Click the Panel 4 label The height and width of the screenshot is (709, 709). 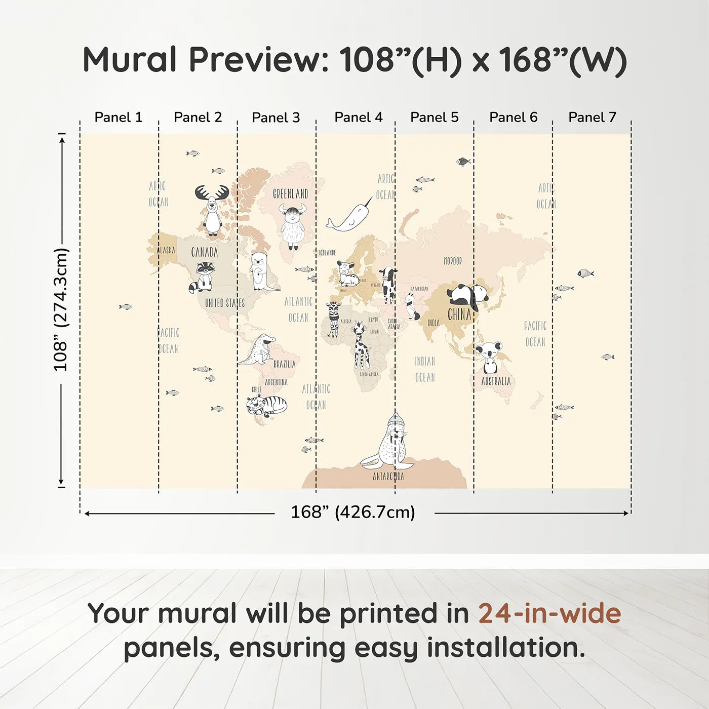[x=358, y=117]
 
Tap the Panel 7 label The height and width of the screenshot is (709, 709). [x=592, y=117]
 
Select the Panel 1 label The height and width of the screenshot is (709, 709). [x=118, y=117]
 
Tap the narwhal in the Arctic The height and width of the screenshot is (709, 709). [x=349, y=217]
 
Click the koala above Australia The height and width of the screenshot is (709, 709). [x=489, y=357]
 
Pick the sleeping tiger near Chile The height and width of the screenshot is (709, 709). [x=266, y=405]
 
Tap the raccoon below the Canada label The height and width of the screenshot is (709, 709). [x=203, y=277]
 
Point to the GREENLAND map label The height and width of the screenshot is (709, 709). [x=290, y=194]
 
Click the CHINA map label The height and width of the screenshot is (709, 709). [x=459, y=314]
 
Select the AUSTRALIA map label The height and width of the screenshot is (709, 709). [x=496, y=381]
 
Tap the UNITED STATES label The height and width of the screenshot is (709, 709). [x=225, y=303]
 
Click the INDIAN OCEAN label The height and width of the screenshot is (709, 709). [x=425, y=369]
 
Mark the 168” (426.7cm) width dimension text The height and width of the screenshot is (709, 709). [x=353, y=512]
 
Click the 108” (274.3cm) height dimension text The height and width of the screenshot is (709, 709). [x=61, y=309]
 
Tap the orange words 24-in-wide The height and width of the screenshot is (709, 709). [x=549, y=613]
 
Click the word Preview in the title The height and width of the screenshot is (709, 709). [x=259, y=60]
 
